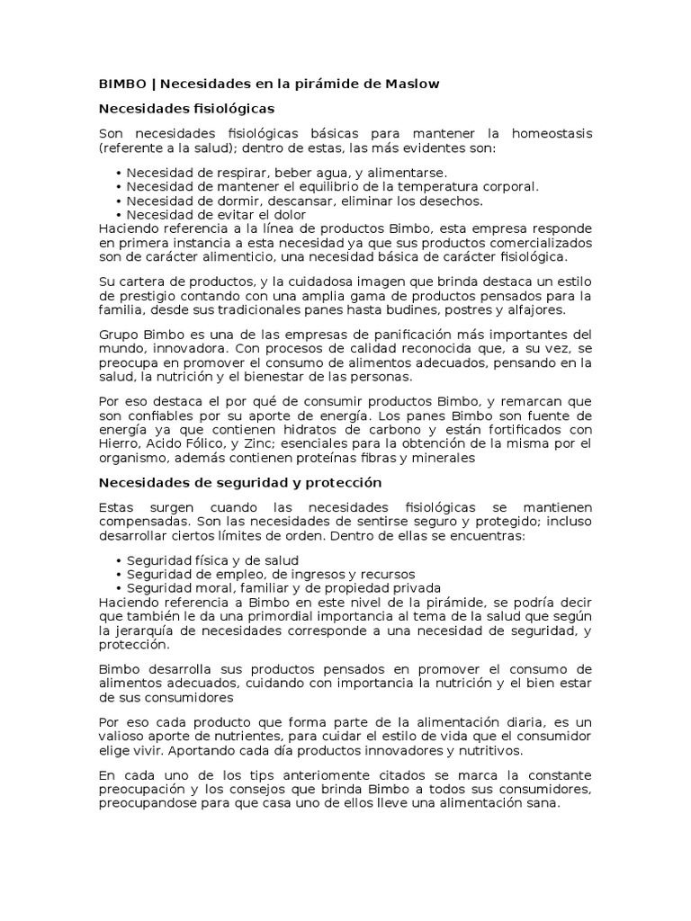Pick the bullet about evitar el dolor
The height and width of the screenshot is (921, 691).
tap(216, 214)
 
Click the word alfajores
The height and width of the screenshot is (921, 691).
tap(536, 309)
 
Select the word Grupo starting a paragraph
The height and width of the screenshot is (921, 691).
tap(118, 334)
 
